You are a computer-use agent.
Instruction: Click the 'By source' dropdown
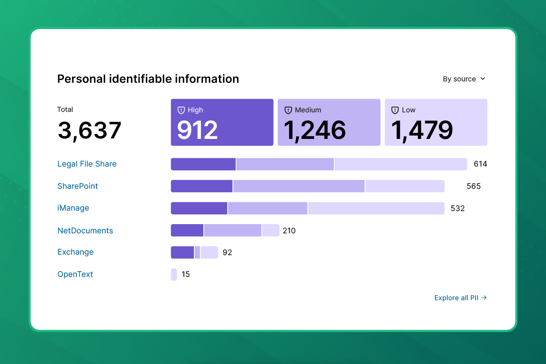click(x=464, y=79)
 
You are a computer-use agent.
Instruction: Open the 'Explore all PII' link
click(x=460, y=298)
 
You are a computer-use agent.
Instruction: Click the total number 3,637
click(x=90, y=131)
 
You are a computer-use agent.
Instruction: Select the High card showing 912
click(x=222, y=122)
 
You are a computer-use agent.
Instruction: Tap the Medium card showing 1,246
click(x=329, y=122)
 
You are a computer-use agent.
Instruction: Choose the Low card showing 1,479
click(x=436, y=122)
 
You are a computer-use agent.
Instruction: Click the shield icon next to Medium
click(x=288, y=110)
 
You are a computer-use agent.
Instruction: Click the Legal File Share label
click(x=87, y=164)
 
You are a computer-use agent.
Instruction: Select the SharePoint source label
click(x=78, y=186)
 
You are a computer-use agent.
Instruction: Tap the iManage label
click(x=74, y=208)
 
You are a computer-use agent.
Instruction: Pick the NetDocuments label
click(x=85, y=231)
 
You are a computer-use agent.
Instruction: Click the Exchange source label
click(x=76, y=252)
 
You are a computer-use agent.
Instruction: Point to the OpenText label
click(x=75, y=274)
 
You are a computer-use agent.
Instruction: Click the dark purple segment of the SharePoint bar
click(x=202, y=186)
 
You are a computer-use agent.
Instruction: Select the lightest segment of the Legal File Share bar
click(x=400, y=164)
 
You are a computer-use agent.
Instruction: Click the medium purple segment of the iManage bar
click(x=267, y=208)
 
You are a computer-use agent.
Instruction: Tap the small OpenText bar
click(x=174, y=274)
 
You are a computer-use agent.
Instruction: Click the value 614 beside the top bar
click(x=480, y=164)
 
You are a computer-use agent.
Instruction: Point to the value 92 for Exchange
click(x=227, y=253)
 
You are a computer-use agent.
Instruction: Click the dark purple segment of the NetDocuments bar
click(x=187, y=230)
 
